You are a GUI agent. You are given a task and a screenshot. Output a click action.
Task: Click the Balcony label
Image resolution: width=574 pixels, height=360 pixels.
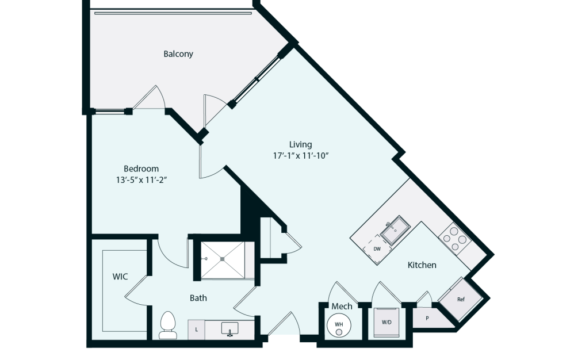tap(178, 54)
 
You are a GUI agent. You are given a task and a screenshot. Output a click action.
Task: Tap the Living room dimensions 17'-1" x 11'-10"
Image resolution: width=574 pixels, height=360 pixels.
tap(301, 156)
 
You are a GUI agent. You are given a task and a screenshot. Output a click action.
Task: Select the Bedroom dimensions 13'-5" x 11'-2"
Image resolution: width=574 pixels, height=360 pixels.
tap(141, 180)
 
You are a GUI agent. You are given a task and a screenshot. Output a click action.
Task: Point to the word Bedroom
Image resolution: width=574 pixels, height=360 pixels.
tap(141, 168)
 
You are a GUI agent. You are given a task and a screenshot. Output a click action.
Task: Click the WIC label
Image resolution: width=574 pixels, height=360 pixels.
tap(120, 277)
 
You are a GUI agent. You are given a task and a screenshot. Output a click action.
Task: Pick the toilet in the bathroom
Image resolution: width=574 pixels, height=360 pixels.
tap(168, 325)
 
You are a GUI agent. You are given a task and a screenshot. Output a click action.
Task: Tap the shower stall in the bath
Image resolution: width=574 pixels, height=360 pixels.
tap(223, 260)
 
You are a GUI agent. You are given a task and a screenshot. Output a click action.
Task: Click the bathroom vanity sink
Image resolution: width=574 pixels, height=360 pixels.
tap(230, 328)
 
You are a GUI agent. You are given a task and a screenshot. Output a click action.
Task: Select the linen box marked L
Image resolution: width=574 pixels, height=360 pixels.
tap(196, 330)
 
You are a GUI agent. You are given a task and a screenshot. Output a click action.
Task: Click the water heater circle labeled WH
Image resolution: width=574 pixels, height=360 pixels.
tap(339, 325)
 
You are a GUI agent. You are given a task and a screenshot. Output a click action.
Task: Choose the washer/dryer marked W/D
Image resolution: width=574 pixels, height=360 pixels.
tap(387, 322)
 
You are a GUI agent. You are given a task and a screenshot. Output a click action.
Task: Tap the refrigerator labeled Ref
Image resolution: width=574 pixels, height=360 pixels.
tap(461, 300)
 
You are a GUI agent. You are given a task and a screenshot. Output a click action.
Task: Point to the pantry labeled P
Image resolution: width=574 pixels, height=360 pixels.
tap(427, 318)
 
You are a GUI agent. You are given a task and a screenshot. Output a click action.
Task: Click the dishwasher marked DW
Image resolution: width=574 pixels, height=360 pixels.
tap(377, 249)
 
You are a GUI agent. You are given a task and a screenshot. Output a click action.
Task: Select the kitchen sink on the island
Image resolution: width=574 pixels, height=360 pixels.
tap(395, 231)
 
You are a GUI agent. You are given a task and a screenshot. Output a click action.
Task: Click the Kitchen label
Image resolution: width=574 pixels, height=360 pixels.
tap(422, 265)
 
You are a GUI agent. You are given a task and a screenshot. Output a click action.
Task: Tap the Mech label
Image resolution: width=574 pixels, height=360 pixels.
tap(342, 307)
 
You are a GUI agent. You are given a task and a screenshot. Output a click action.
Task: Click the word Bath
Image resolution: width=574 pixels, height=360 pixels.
tap(198, 298)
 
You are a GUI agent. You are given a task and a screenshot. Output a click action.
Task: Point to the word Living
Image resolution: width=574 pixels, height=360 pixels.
tap(301, 145)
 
